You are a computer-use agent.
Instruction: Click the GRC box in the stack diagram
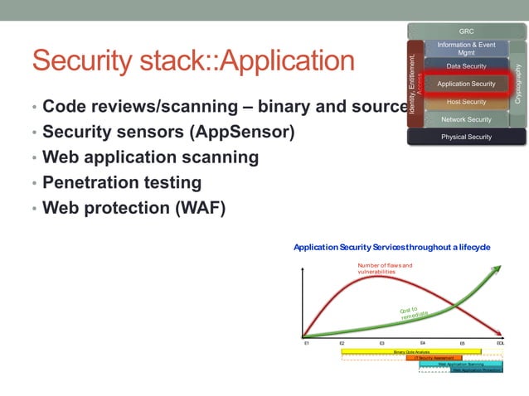(x=466, y=31)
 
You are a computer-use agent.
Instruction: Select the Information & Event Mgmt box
(x=466, y=48)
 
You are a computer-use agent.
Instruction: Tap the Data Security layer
(x=466, y=66)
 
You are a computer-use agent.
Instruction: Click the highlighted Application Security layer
(x=466, y=84)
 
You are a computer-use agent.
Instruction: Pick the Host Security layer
(x=466, y=102)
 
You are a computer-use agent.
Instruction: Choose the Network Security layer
(x=466, y=119)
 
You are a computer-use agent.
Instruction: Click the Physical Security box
(x=466, y=137)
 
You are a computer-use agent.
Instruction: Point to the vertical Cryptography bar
(x=518, y=83)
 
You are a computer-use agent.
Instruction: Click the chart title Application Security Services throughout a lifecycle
(x=391, y=247)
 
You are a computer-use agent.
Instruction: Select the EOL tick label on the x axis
(x=500, y=342)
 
